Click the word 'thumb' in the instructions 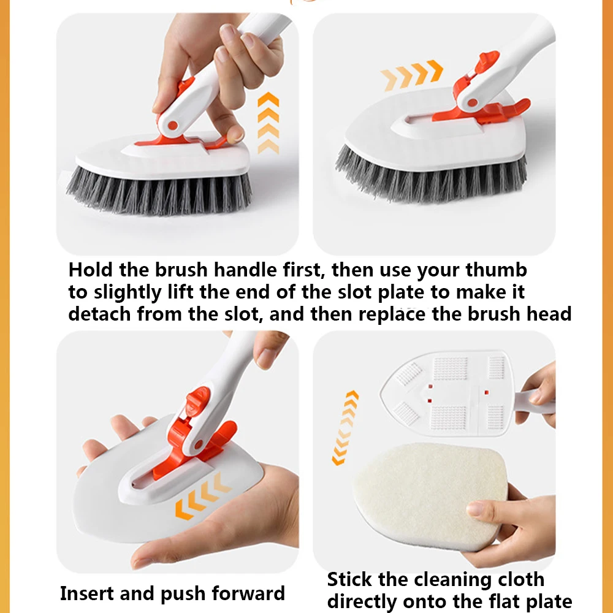click(x=496, y=270)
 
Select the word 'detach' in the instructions click(x=99, y=314)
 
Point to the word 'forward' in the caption click(x=248, y=593)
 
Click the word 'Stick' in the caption click(x=349, y=579)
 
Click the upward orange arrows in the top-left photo click(x=268, y=123)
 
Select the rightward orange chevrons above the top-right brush click(x=412, y=75)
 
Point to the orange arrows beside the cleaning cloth click(x=345, y=428)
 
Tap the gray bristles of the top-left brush click(x=159, y=191)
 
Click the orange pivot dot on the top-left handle click(x=172, y=126)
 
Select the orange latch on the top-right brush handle click(x=486, y=62)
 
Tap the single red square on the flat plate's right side click(x=486, y=392)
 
